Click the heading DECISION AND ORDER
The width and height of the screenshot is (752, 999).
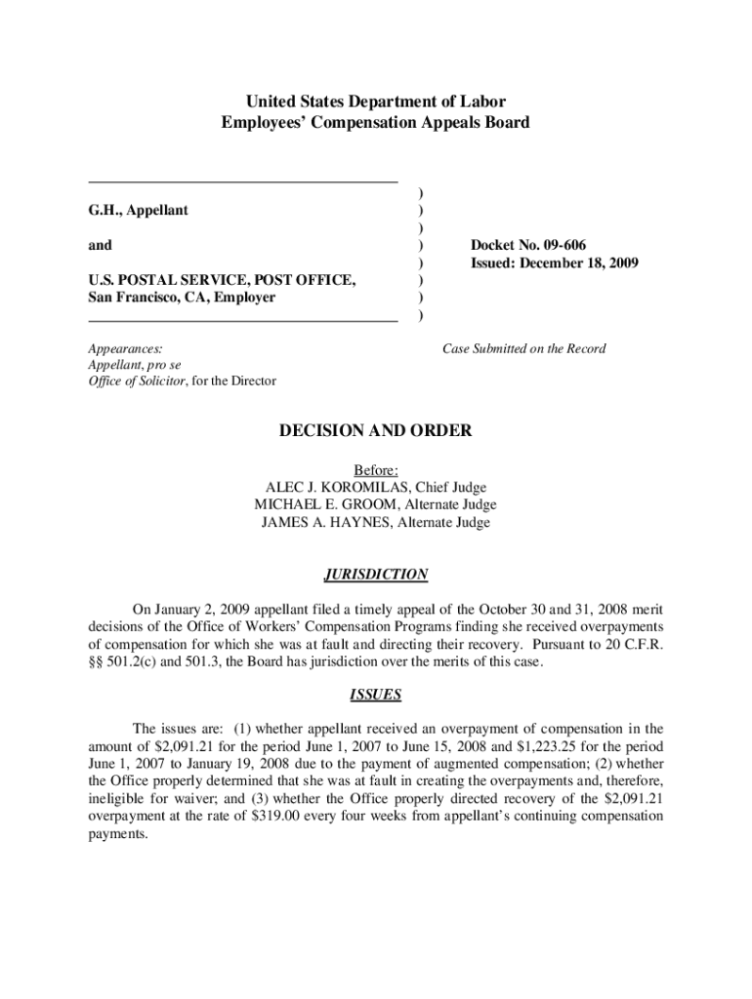[x=376, y=430]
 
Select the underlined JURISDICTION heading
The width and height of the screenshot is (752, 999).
[x=376, y=575]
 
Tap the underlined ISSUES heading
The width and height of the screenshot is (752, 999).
[x=376, y=696]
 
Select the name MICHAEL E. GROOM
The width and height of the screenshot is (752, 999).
[x=320, y=504]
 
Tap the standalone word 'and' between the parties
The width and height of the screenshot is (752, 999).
[x=100, y=245]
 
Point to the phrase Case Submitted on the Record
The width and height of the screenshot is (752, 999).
[x=523, y=348]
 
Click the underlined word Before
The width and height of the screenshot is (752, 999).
[x=376, y=469]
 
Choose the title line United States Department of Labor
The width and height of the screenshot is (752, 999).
[x=376, y=101]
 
